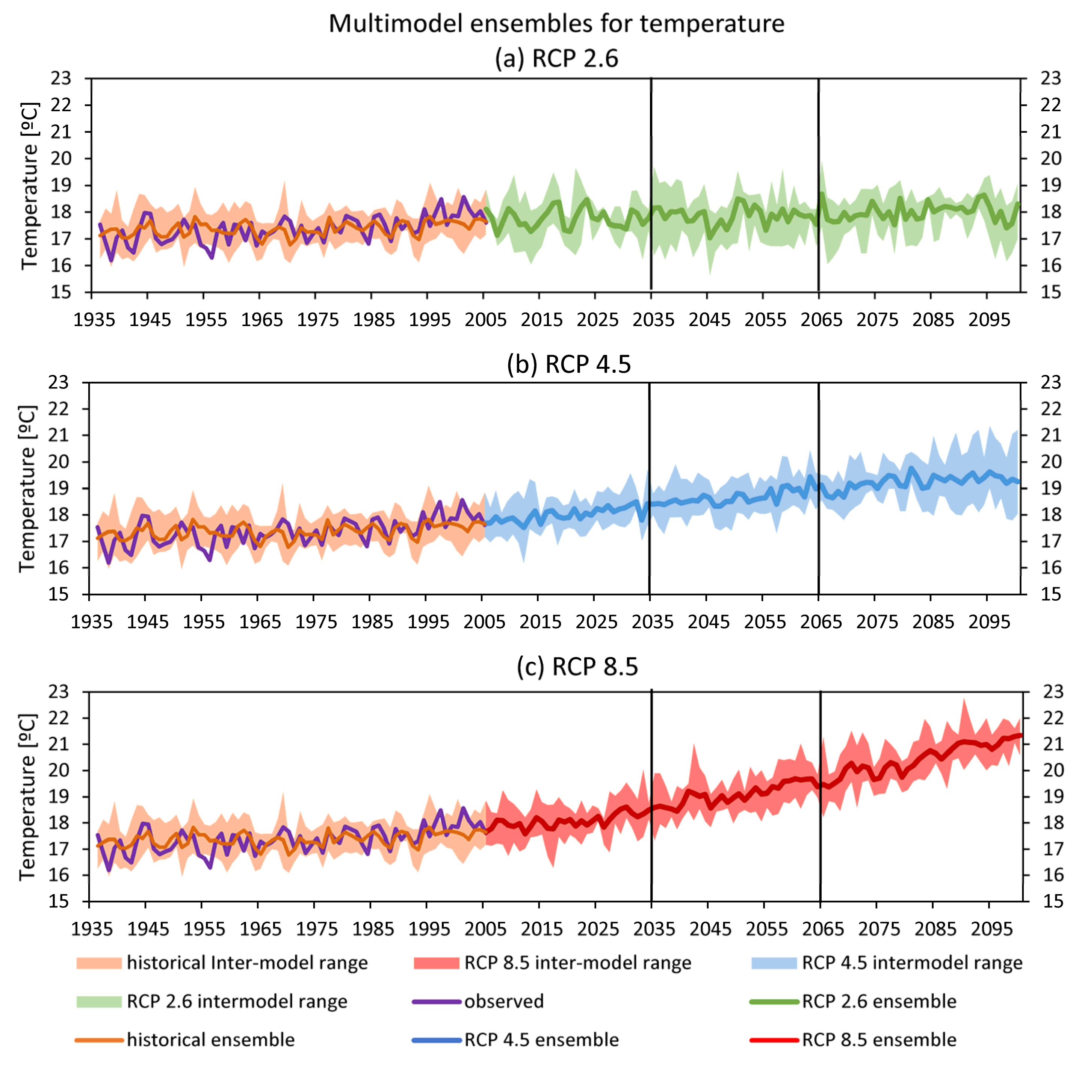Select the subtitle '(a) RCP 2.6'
pos(556,59)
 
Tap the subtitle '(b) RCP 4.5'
pos(568,364)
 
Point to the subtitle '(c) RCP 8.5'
pos(577,667)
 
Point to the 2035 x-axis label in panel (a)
pos(653,320)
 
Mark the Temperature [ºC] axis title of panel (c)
pos(27,796)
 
